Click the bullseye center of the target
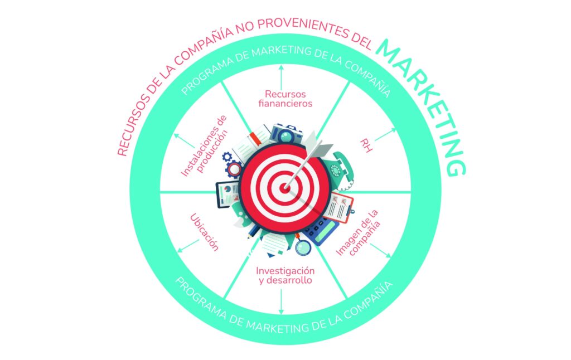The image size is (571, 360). (285, 188)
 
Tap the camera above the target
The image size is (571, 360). (287, 134)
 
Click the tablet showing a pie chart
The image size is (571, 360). (227, 194)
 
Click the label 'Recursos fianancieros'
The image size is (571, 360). (281, 98)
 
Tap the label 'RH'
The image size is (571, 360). (366, 144)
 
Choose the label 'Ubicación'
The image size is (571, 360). (204, 232)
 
